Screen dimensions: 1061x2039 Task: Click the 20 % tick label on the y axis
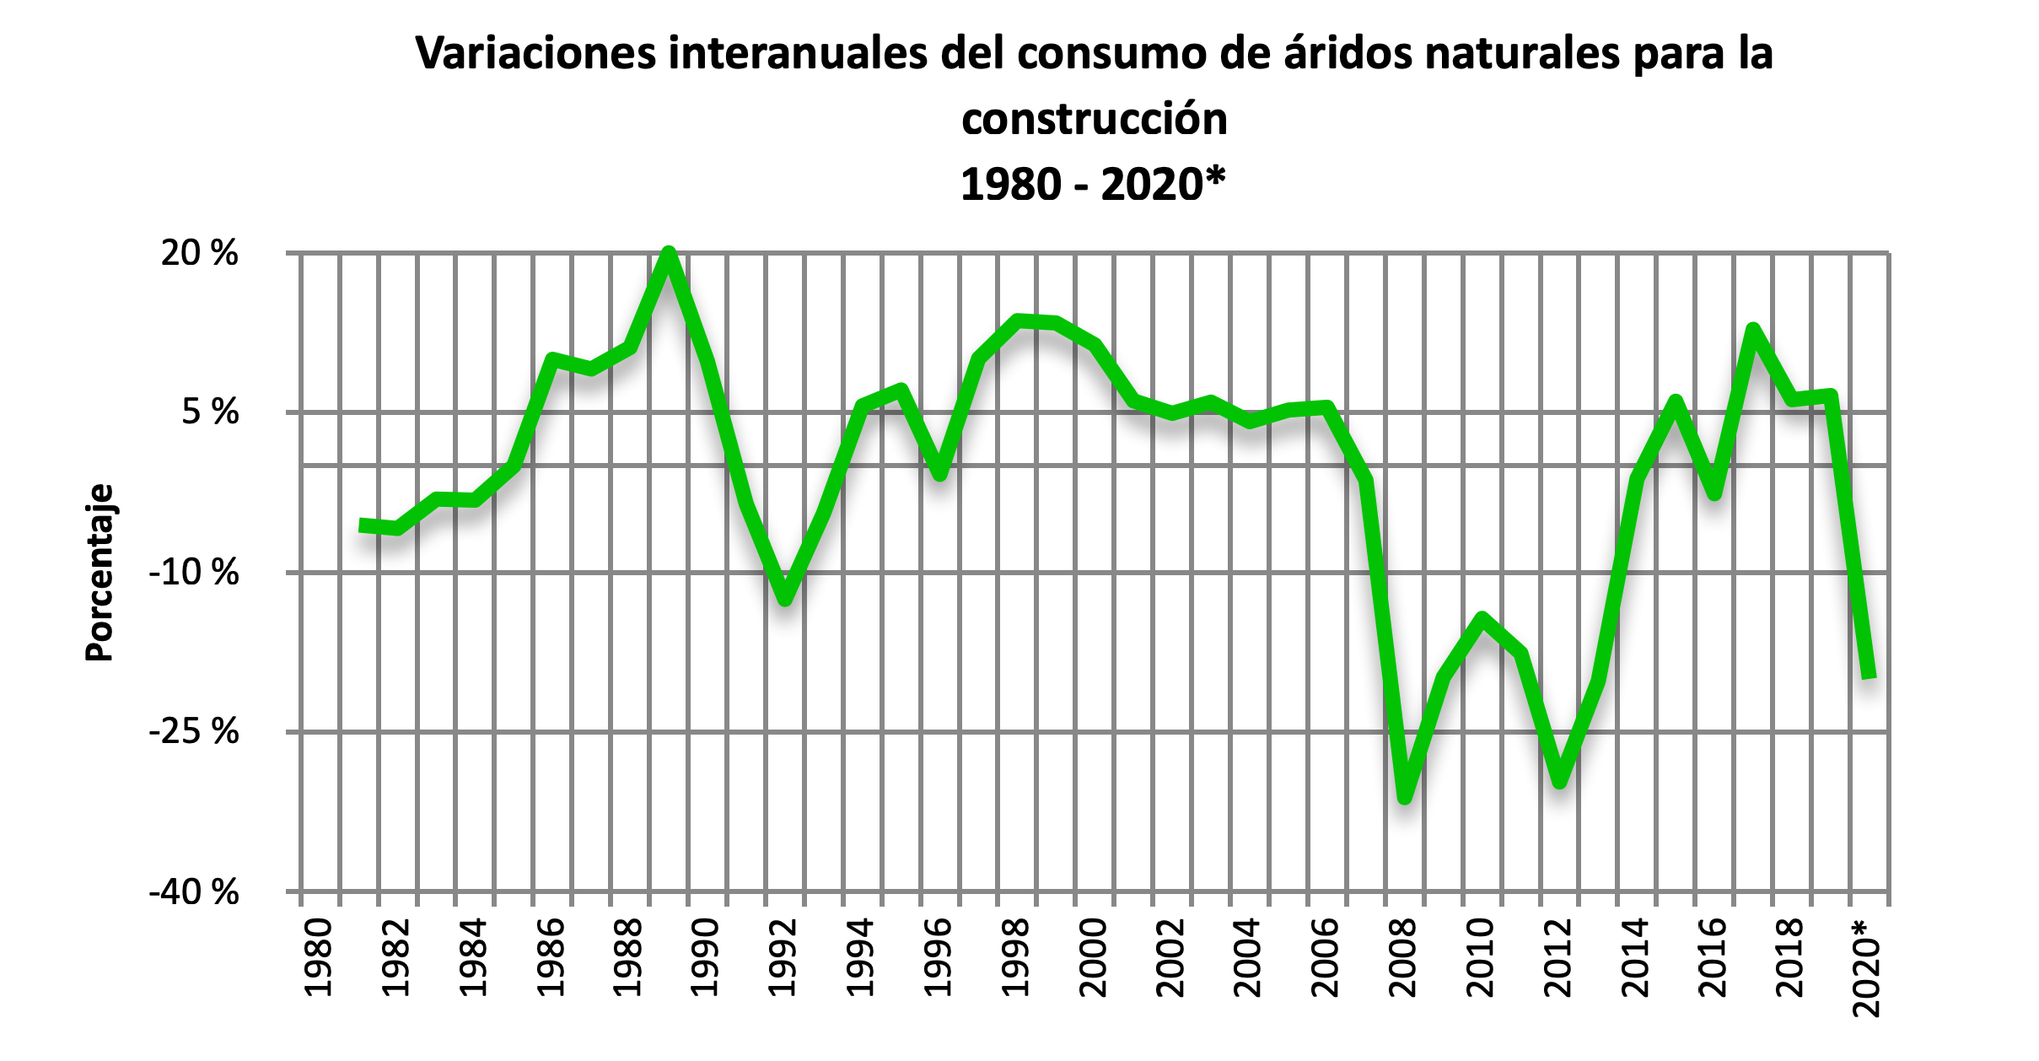coord(199,253)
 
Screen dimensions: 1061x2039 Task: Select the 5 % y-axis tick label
coord(210,412)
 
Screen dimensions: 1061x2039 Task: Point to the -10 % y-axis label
coord(193,573)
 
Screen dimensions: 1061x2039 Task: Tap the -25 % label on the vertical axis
coord(193,732)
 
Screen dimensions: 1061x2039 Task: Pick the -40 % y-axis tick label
coord(193,892)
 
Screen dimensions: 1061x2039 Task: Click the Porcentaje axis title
coord(100,573)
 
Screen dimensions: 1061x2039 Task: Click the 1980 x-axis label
coord(318,957)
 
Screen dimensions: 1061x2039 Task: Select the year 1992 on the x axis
coord(783,957)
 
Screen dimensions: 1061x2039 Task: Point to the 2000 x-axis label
coord(1094,957)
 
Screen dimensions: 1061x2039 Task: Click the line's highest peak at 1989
coord(669,253)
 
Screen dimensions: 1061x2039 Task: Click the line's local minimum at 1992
coord(785,599)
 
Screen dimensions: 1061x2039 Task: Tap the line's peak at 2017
coord(1753,330)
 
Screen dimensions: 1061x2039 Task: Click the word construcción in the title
coord(1094,119)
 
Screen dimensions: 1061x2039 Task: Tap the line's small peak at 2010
coord(1482,619)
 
